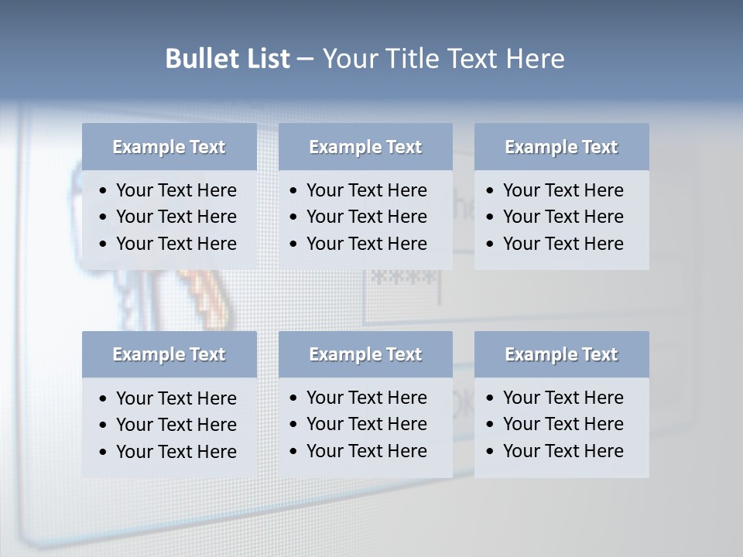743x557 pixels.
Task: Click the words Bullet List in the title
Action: (228, 59)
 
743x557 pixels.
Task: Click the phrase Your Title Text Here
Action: (443, 59)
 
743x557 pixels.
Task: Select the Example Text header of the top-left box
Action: (169, 147)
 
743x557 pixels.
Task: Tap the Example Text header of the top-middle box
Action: (365, 147)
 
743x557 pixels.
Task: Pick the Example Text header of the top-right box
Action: (561, 147)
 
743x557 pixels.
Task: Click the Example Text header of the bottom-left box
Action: (169, 354)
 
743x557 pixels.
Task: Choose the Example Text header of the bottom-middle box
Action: (365, 354)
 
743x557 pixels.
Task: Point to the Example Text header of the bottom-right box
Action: (561, 354)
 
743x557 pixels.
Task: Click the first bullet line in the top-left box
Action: (176, 190)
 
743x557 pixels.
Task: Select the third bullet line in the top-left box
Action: (176, 244)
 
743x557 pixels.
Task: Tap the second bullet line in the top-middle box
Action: (366, 217)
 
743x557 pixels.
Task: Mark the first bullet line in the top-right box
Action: (563, 190)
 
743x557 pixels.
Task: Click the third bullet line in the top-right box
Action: (563, 244)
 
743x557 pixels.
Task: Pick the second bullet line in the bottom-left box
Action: (176, 425)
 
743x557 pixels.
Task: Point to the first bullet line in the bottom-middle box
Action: (366, 398)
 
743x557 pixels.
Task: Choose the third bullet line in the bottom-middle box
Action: (366, 451)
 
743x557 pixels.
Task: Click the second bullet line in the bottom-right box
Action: (563, 424)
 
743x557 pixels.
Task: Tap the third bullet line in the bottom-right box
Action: (563, 451)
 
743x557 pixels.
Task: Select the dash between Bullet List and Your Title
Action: (305, 60)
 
